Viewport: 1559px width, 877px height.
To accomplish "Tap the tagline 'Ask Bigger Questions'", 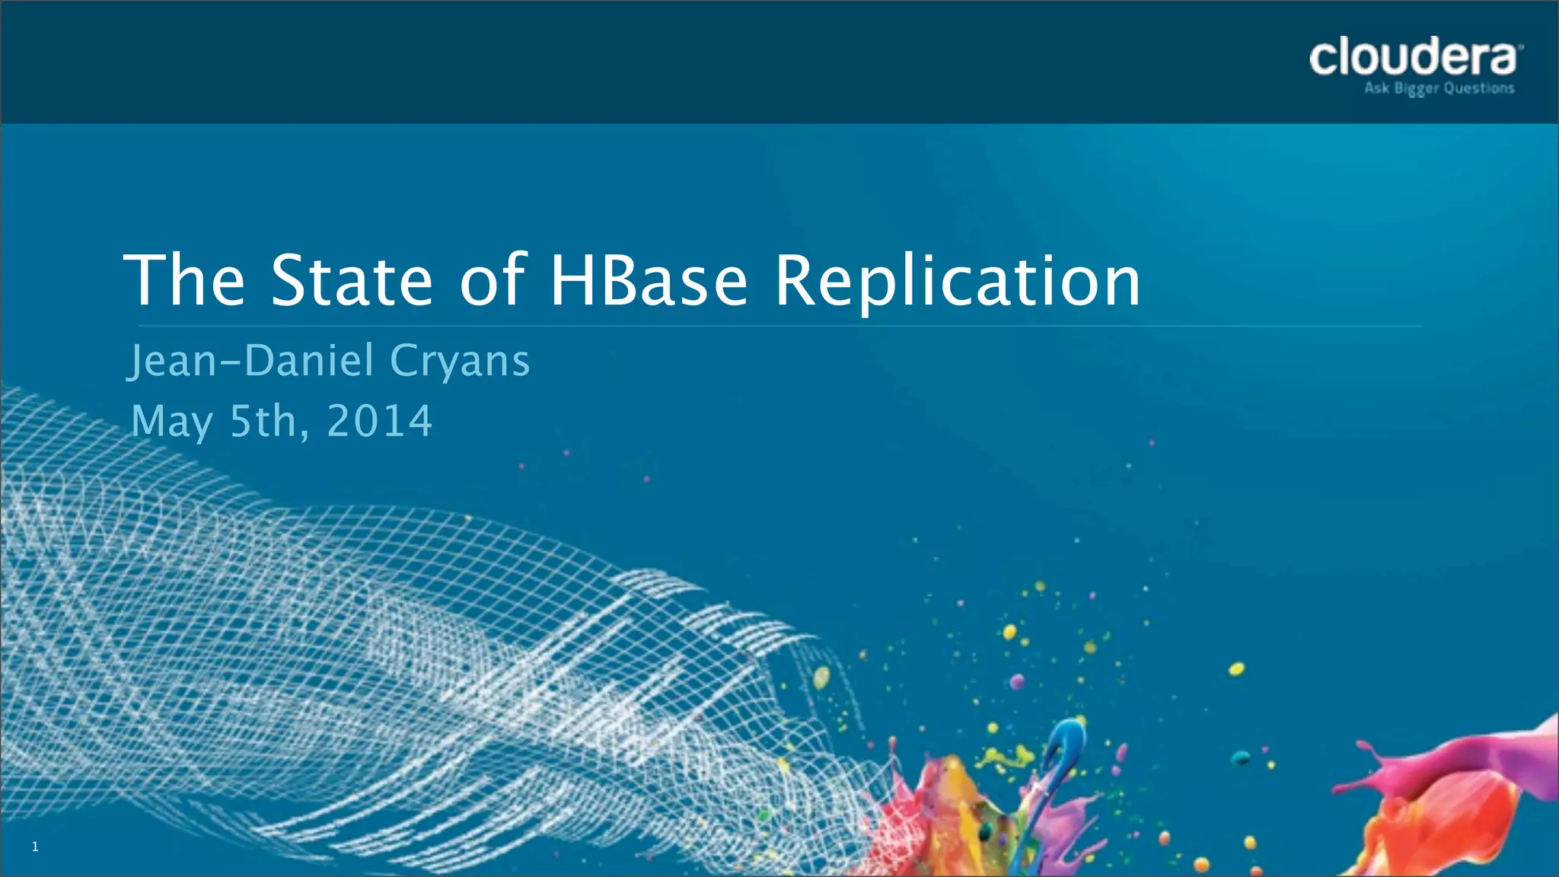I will (x=1439, y=89).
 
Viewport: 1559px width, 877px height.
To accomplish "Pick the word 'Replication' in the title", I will (x=958, y=282).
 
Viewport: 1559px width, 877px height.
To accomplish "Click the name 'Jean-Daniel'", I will (x=250, y=360).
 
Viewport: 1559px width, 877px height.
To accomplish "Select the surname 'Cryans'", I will (x=460, y=362).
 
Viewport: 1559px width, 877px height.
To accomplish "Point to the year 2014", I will (x=379, y=421).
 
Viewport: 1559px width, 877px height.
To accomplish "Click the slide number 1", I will (x=35, y=847).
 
